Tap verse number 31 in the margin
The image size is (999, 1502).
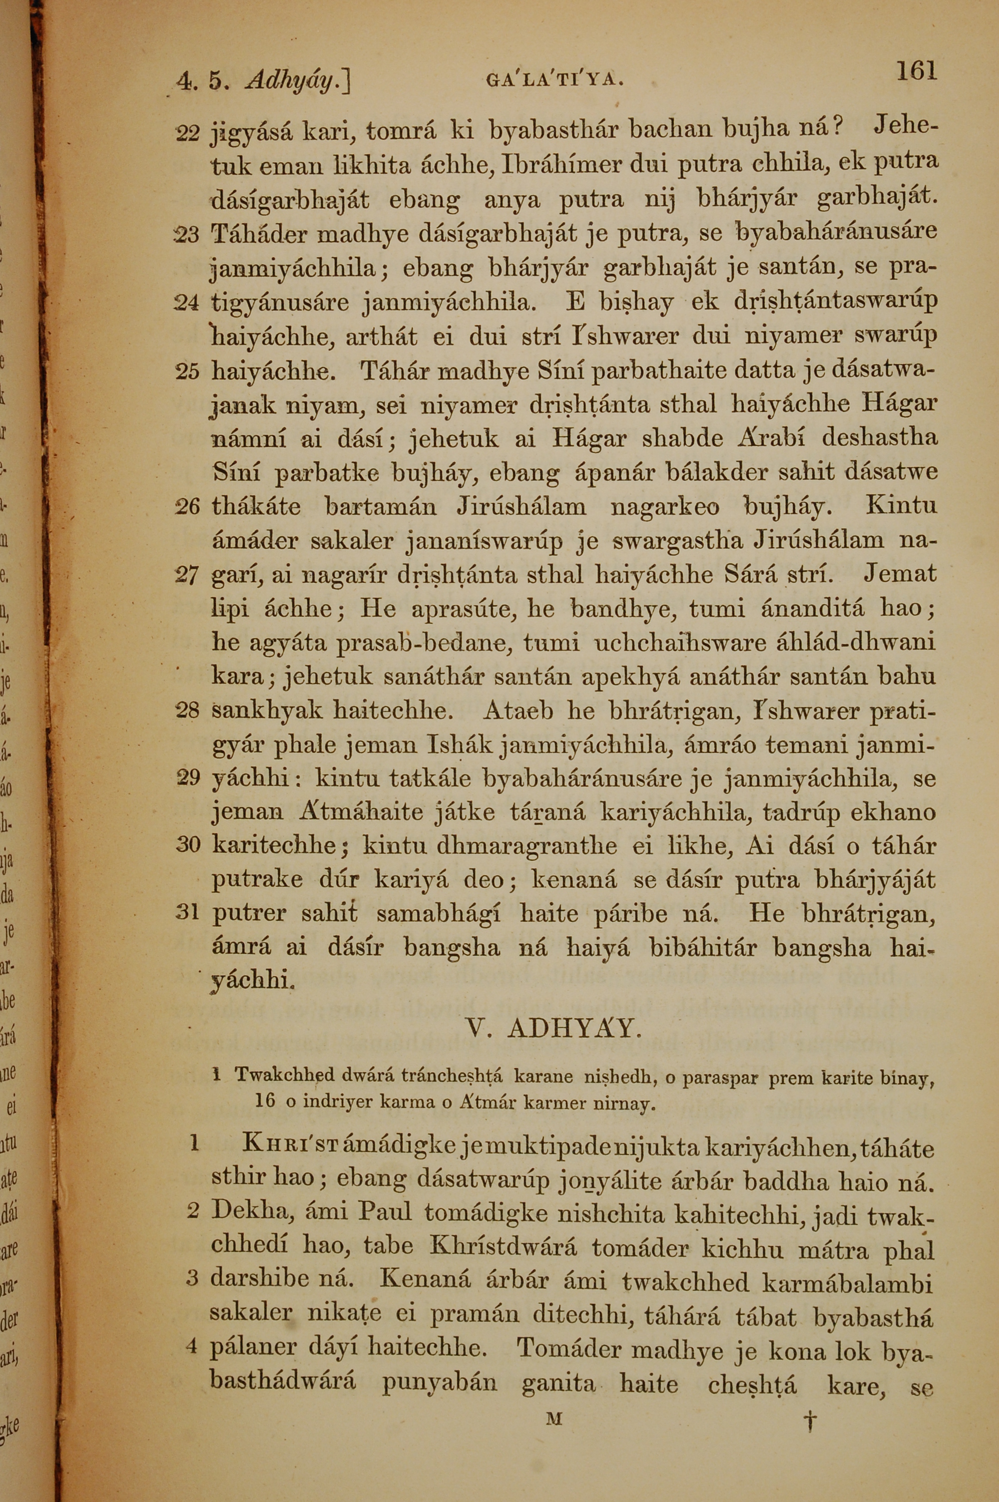click(x=187, y=914)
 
